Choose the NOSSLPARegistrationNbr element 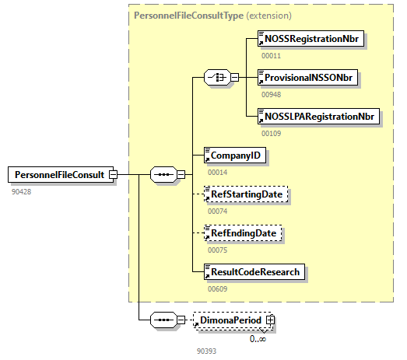(x=318, y=117)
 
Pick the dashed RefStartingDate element (x=245, y=194)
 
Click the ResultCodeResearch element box (x=254, y=271)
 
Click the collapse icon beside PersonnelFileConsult (x=113, y=174)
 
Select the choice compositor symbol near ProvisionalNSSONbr (x=215, y=78)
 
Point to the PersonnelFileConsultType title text (x=185, y=15)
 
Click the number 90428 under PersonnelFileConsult (x=23, y=190)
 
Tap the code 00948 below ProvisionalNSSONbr (x=271, y=94)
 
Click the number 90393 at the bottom (x=207, y=351)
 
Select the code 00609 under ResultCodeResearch (x=217, y=288)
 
